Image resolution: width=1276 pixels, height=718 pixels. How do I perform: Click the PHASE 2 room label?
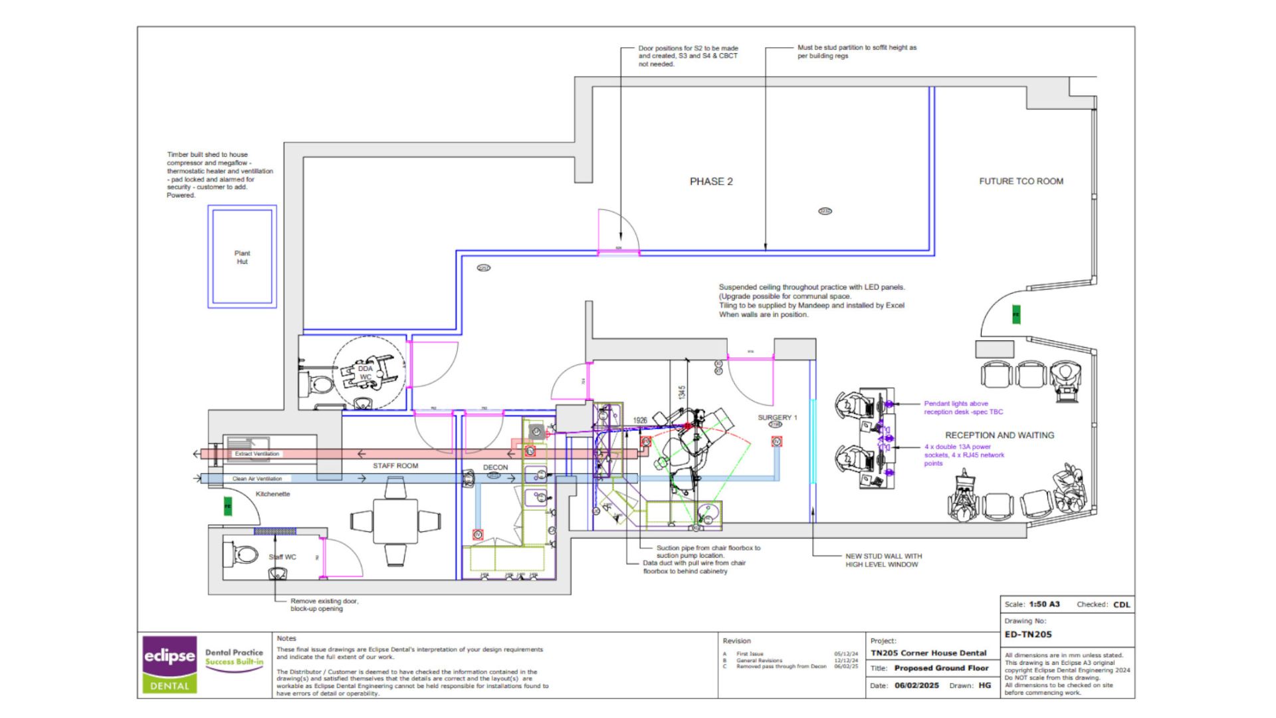click(711, 181)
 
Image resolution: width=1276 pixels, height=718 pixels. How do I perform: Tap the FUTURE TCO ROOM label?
click(1021, 181)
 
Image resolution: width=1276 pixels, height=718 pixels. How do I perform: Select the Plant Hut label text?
click(242, 257)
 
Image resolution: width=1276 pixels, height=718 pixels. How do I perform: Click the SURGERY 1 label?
click(777, 418)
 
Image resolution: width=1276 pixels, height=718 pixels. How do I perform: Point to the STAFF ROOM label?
click(395, 465)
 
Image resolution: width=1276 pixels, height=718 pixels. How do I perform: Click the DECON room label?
click(495, 467)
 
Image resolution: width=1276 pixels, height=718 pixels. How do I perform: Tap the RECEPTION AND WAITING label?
click(1000, 435)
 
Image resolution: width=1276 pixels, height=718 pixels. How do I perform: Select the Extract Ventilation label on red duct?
click(257, 453)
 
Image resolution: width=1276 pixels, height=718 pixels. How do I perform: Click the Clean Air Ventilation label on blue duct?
click(257, 479)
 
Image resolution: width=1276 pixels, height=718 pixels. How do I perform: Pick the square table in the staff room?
click(395, 521)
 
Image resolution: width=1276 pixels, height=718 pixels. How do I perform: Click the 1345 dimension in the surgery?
click(682, 393)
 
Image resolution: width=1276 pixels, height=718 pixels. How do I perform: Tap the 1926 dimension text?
click(640, 420)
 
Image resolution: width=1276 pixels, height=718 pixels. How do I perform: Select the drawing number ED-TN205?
click(1027, 634)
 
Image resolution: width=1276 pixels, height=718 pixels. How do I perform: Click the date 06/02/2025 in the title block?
click(916, 685)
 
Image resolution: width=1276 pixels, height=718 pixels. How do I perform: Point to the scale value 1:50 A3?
click(1044, 604)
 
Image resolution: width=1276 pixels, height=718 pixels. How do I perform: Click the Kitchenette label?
click(272, 494)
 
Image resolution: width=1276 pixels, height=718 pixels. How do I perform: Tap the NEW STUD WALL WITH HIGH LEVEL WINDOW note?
click(883, 560)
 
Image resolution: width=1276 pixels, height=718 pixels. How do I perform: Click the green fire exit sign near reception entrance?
click(1015, 314)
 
